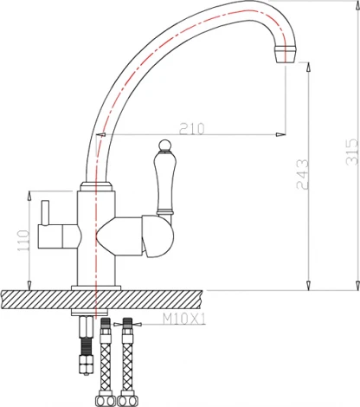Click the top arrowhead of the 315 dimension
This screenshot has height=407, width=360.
click(356, 5)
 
